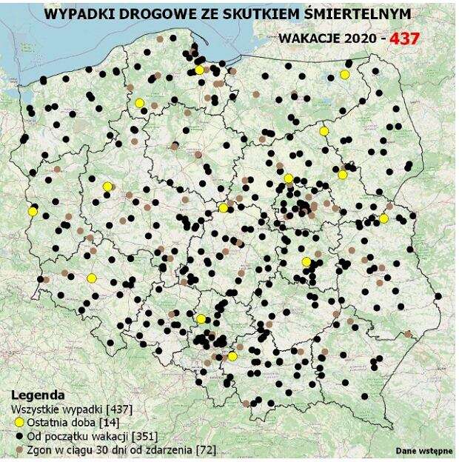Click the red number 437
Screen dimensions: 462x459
pos(412,37)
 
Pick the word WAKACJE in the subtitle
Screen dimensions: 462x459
pos(310,38)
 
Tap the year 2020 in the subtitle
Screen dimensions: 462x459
pos(361,38)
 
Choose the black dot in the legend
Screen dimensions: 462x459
pos(18,435)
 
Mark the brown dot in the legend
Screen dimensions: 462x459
pos(18,449)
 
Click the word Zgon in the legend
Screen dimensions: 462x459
pos(39,449)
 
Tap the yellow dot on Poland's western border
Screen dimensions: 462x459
pos(33,211)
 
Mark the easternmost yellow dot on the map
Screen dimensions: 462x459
pos(383,218)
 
